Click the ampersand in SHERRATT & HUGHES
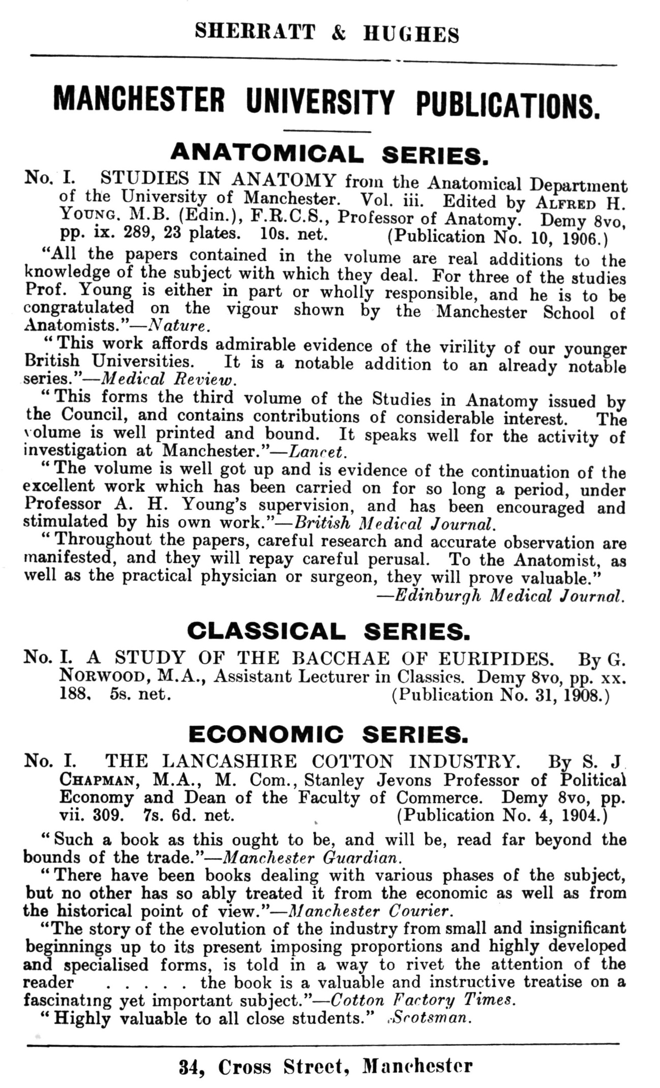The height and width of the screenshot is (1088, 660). pyautogui.click(x=338, y=33)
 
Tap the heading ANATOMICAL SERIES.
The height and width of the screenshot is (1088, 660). pyautogui.click(x=329, y=153)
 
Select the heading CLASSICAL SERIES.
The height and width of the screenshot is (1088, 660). pyautogui.click(x=328, y=631)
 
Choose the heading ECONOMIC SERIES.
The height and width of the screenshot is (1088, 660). pyautogui.click(x=328, y=734)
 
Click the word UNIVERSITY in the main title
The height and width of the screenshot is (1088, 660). pyautogui.click(x=319, y=101)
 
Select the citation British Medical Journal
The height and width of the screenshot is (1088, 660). pyautogui.click(x=394, y=523)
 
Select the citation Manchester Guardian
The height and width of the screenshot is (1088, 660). pyautogui.click(x=312, y=858)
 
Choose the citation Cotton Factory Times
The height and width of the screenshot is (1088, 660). pyautogui.click(x=423, y=1000)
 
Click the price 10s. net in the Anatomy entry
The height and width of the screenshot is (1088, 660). pyautogui.click(x=292, y=234)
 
